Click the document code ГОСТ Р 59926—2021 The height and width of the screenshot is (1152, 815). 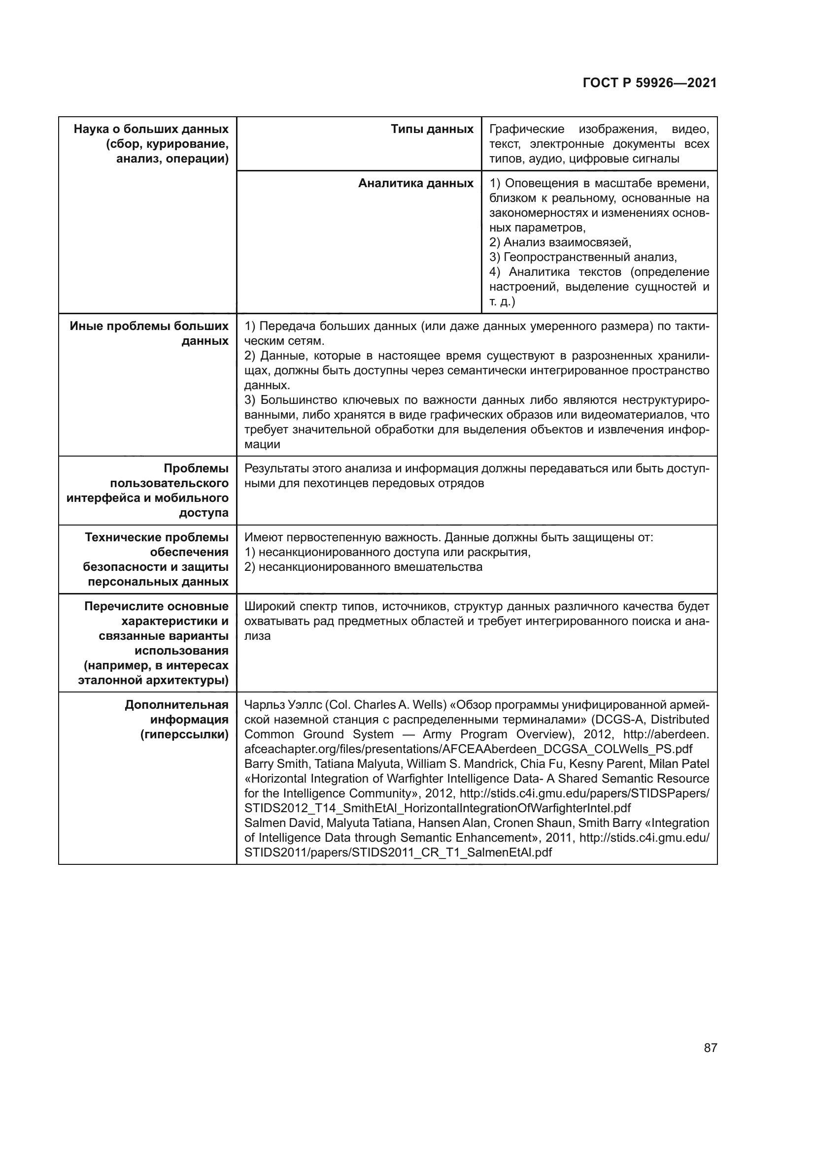click(649, 83)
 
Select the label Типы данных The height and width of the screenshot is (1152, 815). click(432, 130)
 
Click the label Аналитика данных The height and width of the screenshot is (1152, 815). click(415, 184)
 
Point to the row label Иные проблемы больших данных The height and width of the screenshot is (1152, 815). click(149, 333)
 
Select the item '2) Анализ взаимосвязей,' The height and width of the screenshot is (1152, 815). click(560, 242)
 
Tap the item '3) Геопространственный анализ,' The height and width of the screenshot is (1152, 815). click(582, 258)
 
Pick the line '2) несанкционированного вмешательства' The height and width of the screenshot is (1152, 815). click(363, 567)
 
